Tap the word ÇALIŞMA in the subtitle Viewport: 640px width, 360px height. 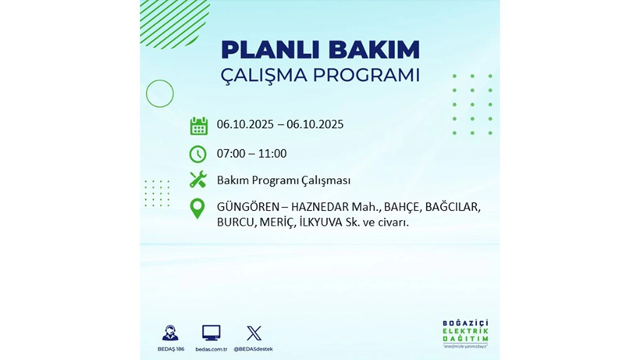263,76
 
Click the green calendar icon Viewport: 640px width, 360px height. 198,126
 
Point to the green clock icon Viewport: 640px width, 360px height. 198,154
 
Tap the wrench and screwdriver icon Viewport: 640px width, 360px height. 198,180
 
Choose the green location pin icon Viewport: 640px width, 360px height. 198,209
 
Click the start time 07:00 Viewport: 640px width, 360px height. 232,154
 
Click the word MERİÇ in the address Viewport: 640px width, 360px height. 276,222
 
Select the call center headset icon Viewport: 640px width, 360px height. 170,333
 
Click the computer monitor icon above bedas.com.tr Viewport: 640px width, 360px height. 211,333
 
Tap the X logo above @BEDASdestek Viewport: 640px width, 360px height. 254,333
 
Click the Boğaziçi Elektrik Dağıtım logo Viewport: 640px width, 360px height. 465,333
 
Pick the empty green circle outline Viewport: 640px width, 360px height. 160,94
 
